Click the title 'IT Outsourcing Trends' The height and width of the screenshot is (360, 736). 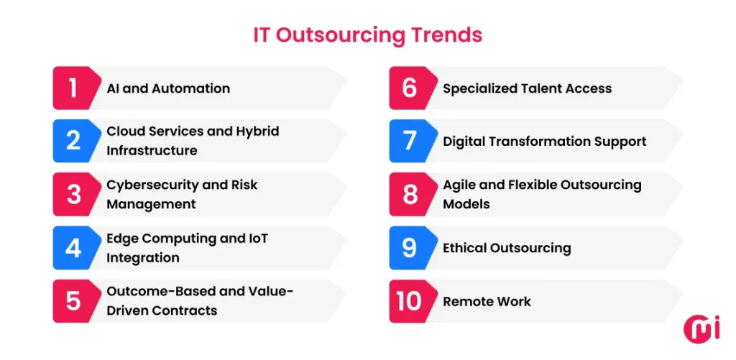(367, 34)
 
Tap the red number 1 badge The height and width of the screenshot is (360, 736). (73, 88)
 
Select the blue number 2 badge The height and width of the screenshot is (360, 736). (73, 141)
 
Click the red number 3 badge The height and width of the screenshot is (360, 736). (73, 194)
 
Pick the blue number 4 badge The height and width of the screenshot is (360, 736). (73, 248)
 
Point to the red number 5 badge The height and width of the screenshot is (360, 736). (73, 301)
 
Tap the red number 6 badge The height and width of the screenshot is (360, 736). (410, 88)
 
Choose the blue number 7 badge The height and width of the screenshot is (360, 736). (410, 141)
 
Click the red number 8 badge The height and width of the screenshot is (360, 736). (410, 194)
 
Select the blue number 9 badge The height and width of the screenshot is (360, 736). (410, 248)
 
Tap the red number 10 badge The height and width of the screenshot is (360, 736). (410, 301)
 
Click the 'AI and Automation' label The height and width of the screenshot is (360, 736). (168, 88)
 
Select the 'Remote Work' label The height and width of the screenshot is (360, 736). (487, 301)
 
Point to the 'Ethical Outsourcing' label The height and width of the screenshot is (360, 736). (507, 248)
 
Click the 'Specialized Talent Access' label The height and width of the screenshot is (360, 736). (527, 88)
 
